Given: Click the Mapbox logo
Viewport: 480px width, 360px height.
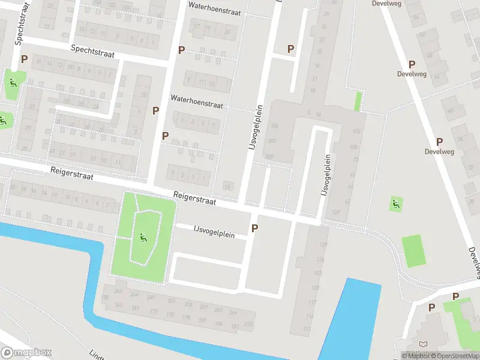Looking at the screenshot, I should tap(26, 353).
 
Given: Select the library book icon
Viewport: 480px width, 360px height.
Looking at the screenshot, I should tap(425, 344).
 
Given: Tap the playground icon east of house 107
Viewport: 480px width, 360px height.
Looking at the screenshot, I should tap(395, 204).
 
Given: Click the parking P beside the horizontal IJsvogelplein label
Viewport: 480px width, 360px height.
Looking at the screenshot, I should tap(255, 228).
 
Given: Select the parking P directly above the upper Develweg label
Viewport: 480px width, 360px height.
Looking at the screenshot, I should tap(412, 64).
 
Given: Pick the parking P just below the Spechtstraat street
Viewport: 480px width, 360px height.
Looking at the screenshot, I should tap(25, 59).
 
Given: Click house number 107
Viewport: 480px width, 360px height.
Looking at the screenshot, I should tap(335, 212).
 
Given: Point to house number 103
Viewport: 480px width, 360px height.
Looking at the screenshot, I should tap(356, 131).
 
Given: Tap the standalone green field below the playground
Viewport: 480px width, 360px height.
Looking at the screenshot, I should tap(414, 251).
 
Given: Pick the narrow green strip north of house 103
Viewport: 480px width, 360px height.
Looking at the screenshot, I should tap(358, 101).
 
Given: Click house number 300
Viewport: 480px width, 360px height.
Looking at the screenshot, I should tap(274, 126).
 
